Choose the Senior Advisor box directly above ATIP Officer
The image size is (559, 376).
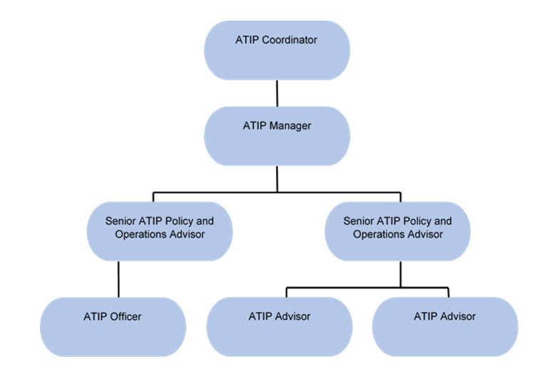click(160, 231)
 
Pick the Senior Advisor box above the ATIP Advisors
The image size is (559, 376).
click(397, 231)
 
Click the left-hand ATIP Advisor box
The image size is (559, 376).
click(280, 327)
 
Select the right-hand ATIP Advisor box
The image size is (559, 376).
click(445, 327)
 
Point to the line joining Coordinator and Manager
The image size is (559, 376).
click(277, 93)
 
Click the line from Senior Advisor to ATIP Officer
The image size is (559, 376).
click(118, 279)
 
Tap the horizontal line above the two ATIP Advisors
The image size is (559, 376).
click(367, 288)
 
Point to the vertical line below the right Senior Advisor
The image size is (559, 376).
click(401, 274)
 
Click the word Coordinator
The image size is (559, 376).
click(290, 40)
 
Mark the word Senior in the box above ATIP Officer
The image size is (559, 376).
click(120, 221)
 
